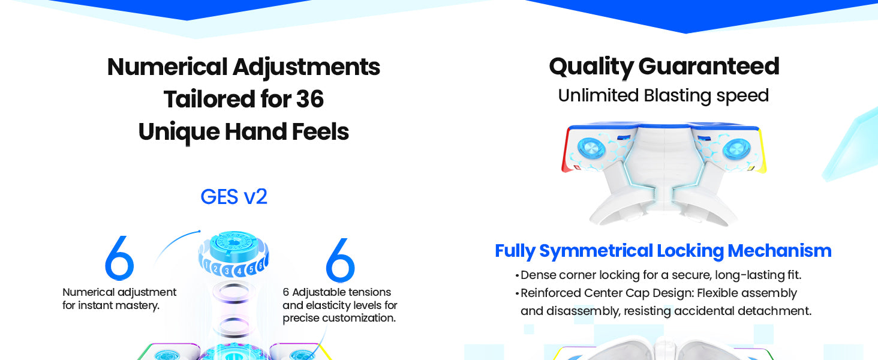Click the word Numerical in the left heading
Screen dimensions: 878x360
[167, 67]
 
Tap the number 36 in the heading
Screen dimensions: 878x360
[309, 99]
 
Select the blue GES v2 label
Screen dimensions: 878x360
[234, 196]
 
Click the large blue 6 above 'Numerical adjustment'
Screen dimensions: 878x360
[119, 258]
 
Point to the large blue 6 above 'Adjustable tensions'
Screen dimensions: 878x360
[340, 260]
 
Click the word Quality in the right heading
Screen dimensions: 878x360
[591, 67]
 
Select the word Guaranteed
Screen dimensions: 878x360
[709, 66]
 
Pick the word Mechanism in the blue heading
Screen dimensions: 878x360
[779, 251]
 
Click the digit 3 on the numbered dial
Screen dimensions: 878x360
[227, 271]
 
